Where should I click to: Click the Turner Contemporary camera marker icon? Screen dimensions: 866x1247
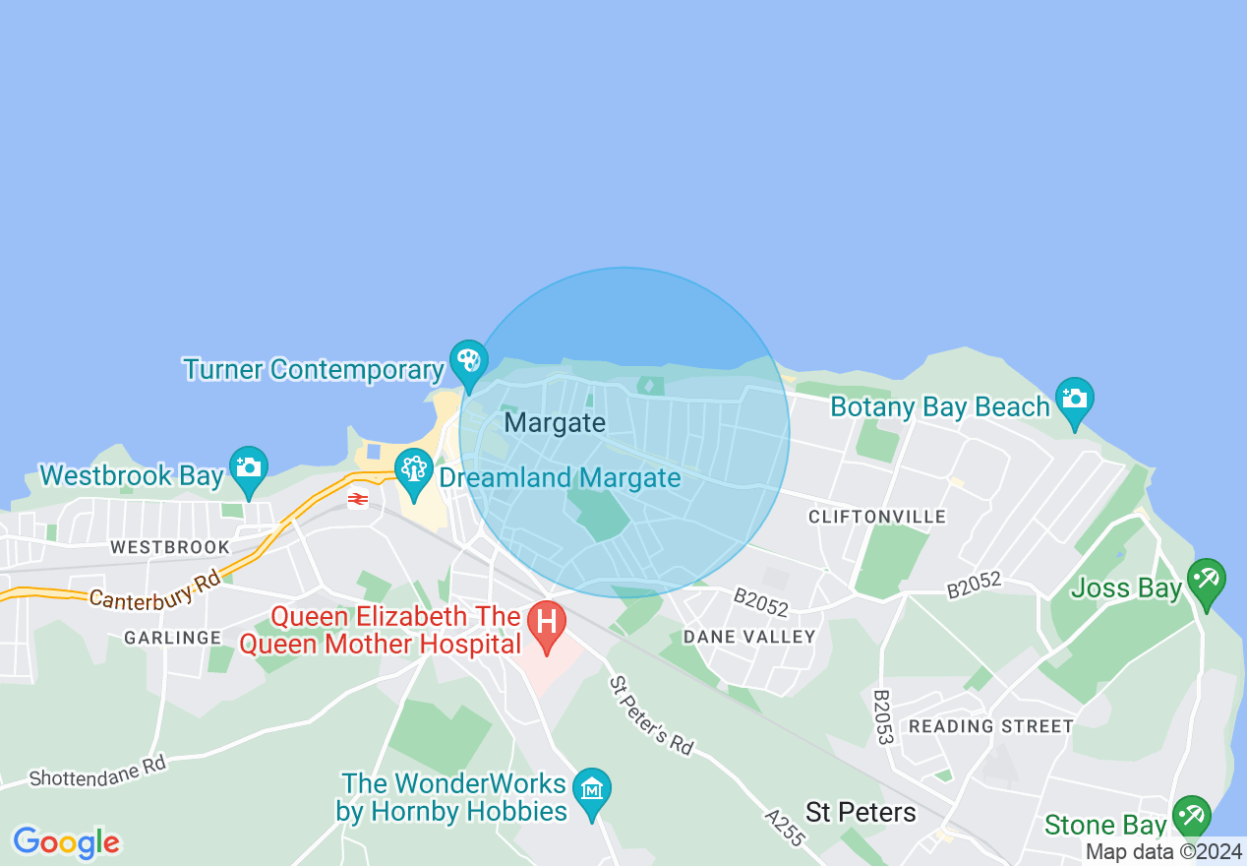(468, 362)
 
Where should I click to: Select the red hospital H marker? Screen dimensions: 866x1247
(546, 623)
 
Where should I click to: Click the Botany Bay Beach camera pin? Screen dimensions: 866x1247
(1075, 400)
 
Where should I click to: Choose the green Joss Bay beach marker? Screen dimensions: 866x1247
(1206, 581)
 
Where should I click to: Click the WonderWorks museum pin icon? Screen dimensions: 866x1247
(592, 790)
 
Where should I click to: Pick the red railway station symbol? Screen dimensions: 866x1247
(357, 500)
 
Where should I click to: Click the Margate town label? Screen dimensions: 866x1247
(555, 423)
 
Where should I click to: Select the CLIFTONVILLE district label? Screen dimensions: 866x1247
(877, 517)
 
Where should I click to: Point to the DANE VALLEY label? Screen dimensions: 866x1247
(749, 637)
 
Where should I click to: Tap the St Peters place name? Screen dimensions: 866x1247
(861, 813)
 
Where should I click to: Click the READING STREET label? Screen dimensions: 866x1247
(991, 726)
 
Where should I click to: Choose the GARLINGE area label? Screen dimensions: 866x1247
(173, 638)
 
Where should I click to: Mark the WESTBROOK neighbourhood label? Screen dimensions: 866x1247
(170, 547)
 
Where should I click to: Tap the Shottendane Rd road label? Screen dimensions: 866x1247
(98, 771)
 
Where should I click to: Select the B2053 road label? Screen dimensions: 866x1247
(882, 715)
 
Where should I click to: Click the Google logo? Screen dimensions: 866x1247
(66, 842)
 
